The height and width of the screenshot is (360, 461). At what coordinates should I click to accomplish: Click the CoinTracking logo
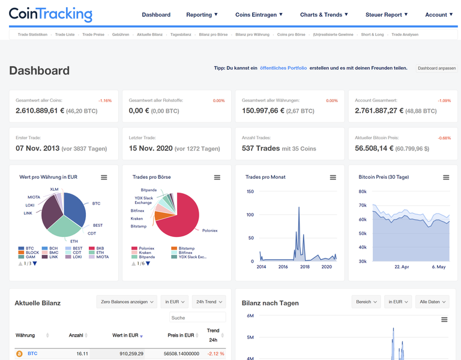(x=50, y=14)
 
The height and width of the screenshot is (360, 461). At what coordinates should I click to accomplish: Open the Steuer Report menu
(x=387, y=14)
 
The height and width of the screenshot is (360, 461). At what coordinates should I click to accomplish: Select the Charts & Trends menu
(x=324, y=14)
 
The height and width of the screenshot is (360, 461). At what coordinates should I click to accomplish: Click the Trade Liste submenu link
(x=64, y=35)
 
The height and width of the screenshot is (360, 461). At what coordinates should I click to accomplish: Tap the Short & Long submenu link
(x=372, y=35)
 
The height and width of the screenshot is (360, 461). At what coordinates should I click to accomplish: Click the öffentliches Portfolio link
(x=283, y=68)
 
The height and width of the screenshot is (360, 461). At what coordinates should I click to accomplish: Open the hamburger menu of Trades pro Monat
(x=333, y=178)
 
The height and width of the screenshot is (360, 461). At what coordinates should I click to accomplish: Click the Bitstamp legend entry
(x=186, y=248)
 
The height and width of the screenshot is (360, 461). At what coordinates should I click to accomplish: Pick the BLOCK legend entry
(x=32, y=253)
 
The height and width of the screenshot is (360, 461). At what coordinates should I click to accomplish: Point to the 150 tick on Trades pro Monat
(x=250, y=192)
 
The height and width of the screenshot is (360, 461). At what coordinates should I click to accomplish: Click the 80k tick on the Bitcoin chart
(x=363, y=192)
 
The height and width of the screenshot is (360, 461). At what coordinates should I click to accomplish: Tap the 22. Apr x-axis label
(x=401, y=267)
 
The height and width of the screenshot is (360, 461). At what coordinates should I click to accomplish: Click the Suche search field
(x=197, y=317)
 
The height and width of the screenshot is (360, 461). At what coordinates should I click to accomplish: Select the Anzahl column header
(x=76, y=335)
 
